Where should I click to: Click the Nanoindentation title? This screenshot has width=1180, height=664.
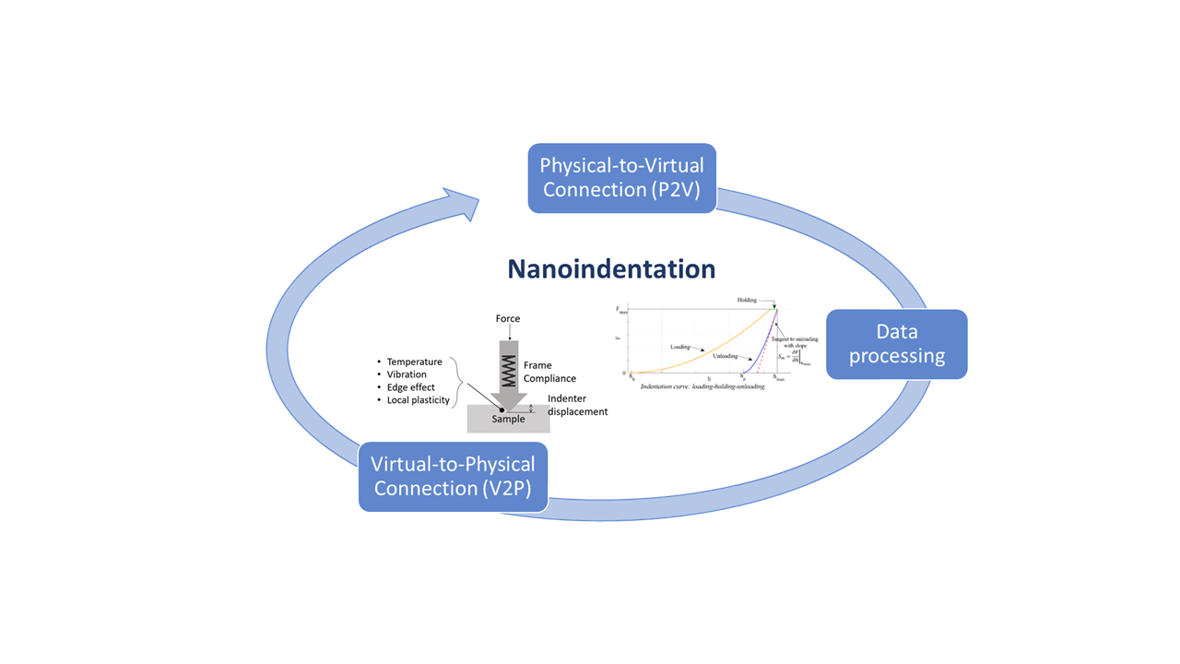(611, 268)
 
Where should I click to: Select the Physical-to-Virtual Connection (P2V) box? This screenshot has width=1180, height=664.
(621, 178)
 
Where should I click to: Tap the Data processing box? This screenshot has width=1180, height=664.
(896, 344)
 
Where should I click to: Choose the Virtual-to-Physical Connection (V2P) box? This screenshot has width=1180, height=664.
(454, 476)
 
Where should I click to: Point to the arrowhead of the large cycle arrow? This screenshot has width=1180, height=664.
(464, 204)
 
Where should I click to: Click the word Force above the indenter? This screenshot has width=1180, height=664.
(508, 319)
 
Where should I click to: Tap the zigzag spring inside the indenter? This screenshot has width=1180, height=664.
(508, 365)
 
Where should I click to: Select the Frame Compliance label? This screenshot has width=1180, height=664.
(549, 373)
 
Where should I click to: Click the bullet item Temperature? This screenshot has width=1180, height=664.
(414, 362)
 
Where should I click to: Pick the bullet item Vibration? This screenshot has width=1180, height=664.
(407, 374)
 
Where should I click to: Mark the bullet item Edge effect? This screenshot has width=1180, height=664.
(410, 387)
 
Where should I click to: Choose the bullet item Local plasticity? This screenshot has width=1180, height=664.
(418, 400)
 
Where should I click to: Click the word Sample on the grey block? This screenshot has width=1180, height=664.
(508, 420)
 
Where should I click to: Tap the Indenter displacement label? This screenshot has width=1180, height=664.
(578, 405)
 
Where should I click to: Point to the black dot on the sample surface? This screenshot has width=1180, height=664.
(501, 410)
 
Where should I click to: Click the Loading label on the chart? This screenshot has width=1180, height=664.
(680, 348)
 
